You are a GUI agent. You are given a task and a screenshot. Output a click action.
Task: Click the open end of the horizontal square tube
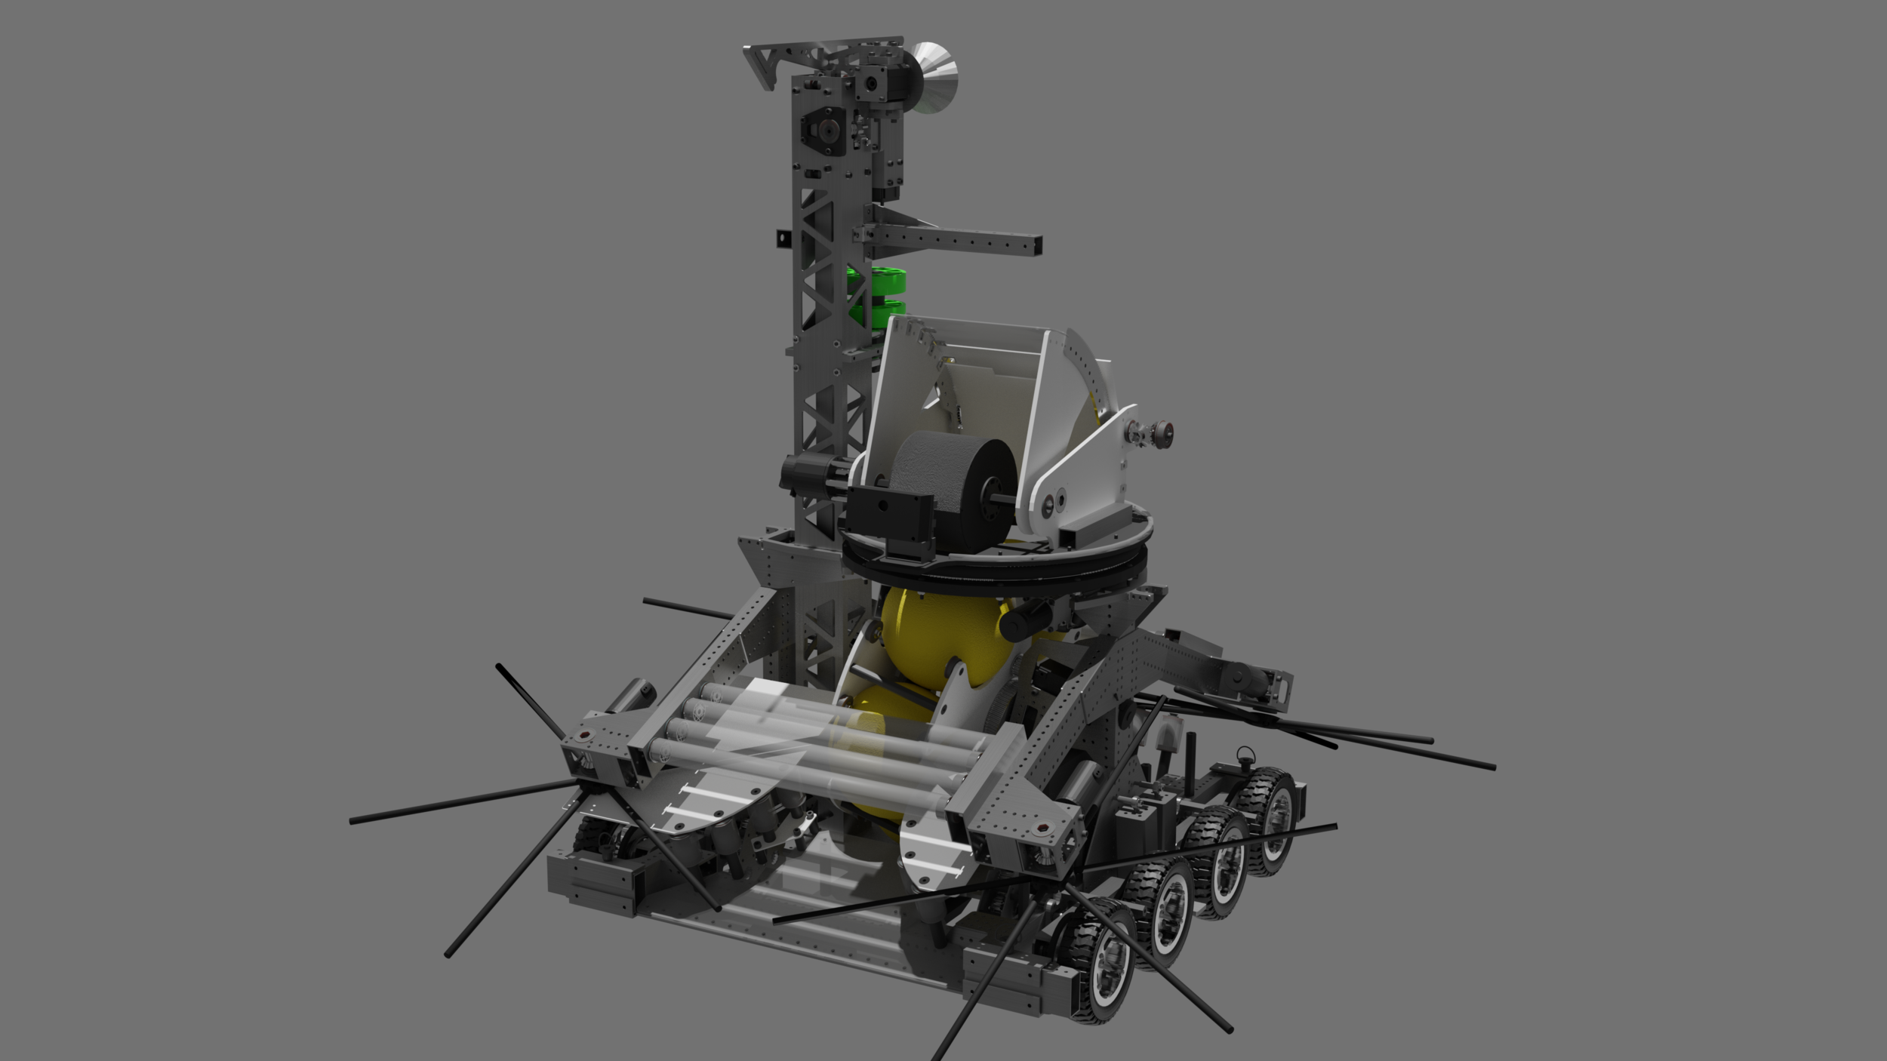point(1036,245)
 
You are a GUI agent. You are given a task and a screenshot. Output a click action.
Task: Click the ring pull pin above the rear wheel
point(1243,753)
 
